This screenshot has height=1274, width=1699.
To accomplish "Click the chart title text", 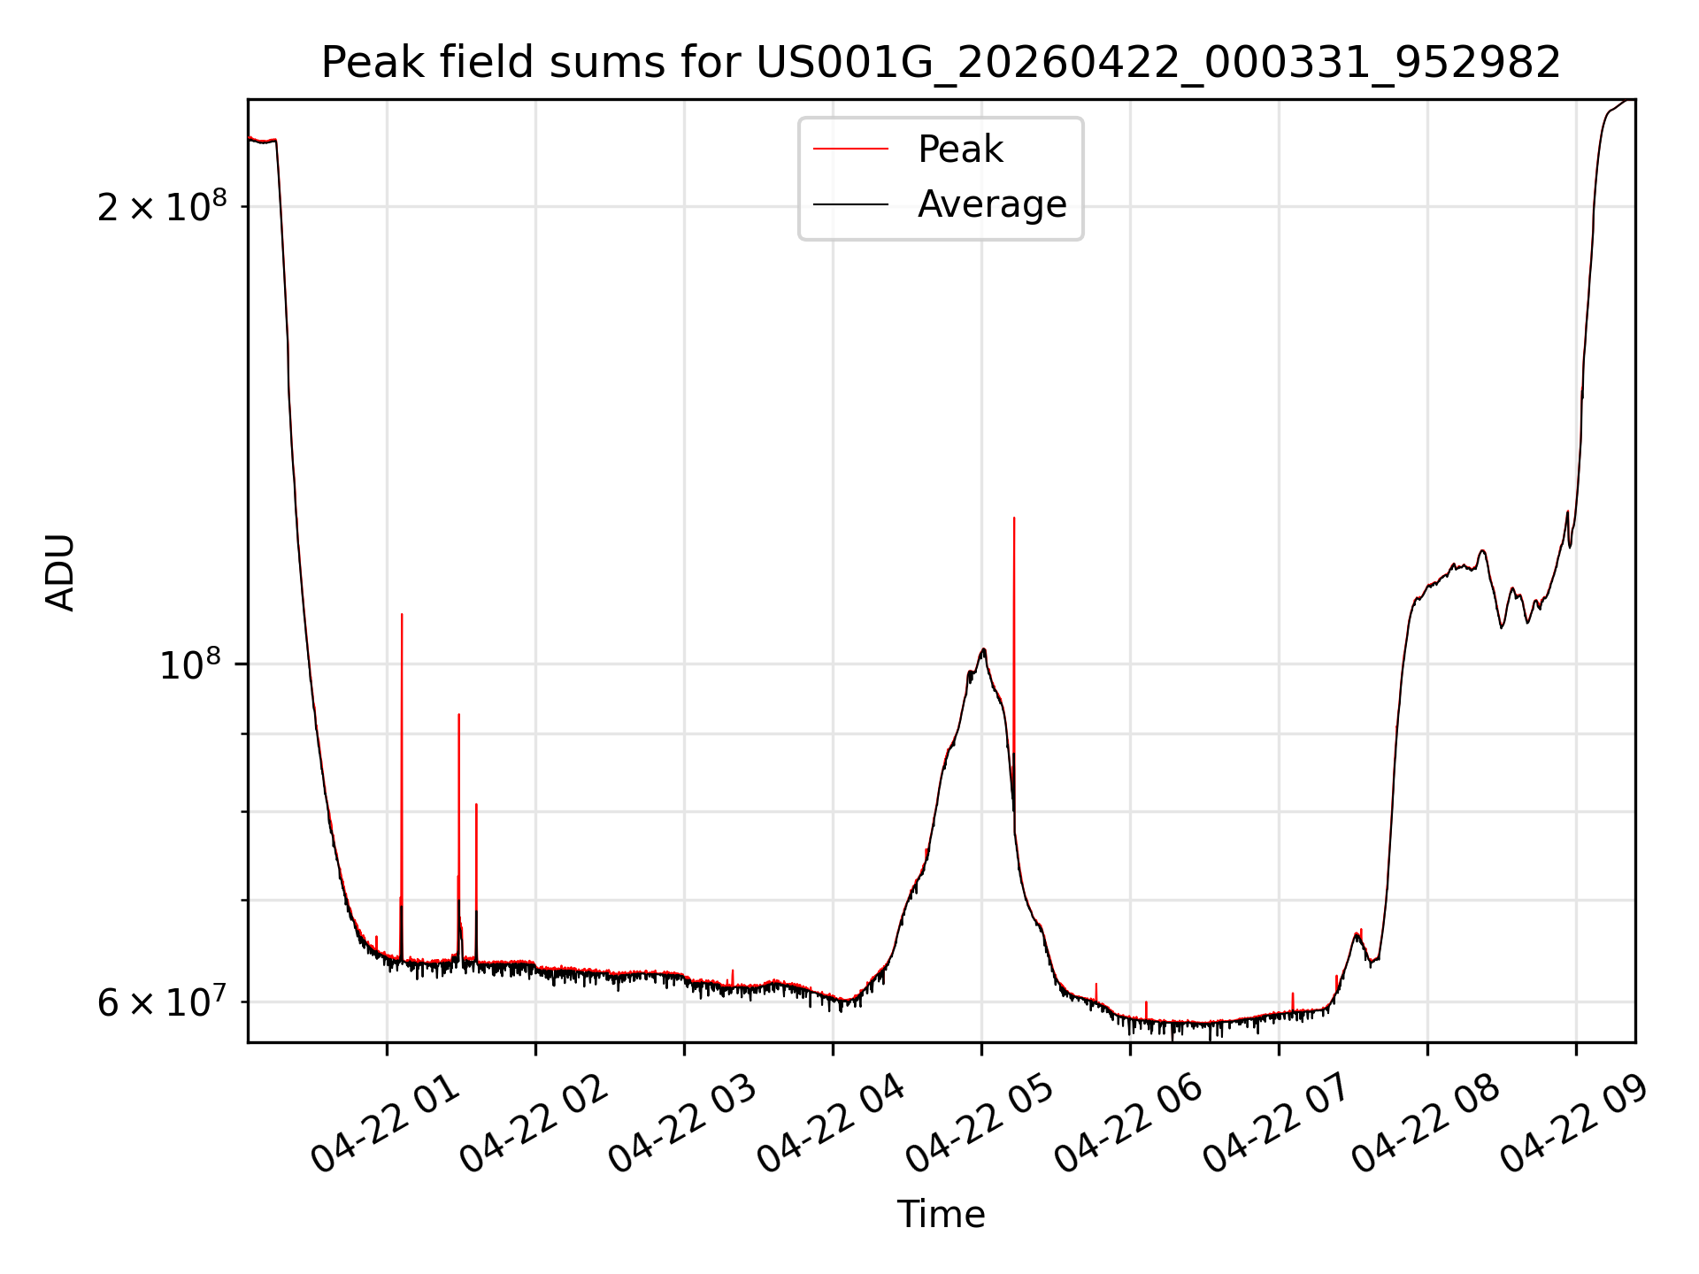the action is point(941,63).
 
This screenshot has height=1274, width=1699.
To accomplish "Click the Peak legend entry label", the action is point(960,150).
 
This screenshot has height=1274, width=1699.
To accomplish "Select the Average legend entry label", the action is point(992,204).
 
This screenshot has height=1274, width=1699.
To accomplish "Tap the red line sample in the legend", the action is point(850,150).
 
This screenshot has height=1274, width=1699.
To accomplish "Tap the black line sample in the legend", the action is point(850,204).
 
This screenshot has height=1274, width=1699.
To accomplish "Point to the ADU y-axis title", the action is point(60,572).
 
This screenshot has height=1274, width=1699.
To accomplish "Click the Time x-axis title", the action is point(941,1214).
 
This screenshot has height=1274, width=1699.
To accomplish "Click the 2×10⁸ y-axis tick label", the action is point(162,207).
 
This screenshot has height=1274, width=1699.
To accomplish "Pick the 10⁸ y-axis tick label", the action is point(189,664).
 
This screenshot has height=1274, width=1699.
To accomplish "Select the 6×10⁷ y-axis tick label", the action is point(162,1002).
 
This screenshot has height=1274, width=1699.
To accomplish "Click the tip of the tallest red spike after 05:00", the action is point(1014,518).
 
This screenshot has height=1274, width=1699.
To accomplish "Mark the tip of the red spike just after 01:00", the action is point(402,614).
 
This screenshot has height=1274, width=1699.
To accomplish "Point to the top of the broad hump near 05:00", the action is point(983,649).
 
